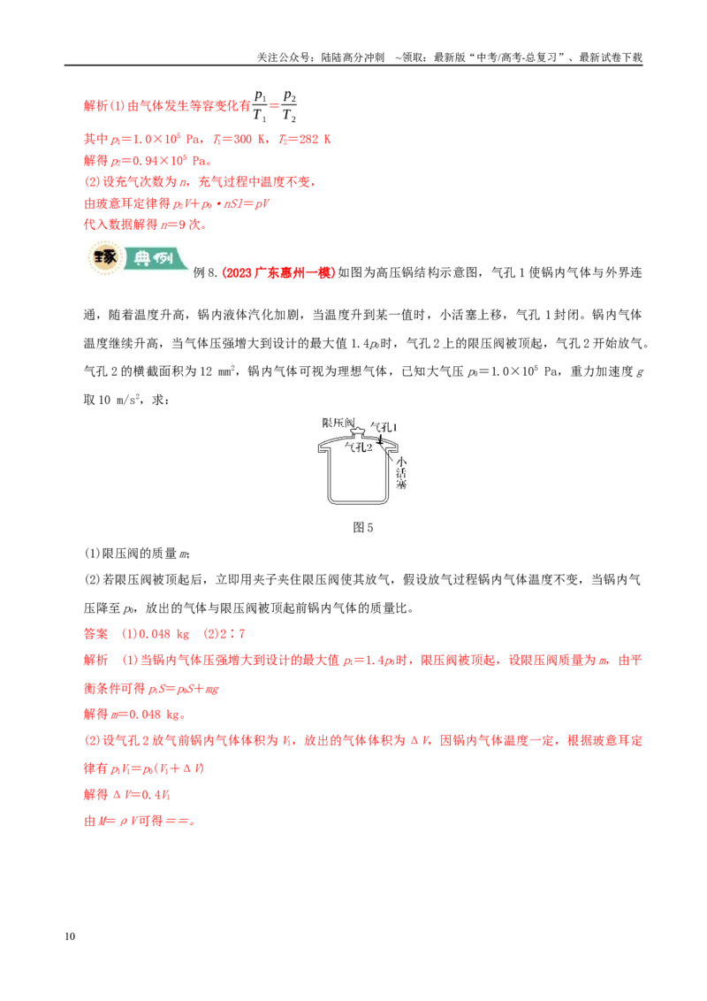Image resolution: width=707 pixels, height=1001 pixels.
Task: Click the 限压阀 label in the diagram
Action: [x=338, y=423]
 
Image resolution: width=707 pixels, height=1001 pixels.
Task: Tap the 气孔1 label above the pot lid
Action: [x=384, y=426]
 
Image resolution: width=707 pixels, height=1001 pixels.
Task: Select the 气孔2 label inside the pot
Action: [x=359, y=447]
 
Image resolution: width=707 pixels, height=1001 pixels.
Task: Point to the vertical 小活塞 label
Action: [x=400, y=473]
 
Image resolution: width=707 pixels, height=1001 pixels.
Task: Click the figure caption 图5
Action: [x=362, y=527]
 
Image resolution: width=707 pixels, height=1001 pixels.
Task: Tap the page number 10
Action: [x=70, y=936]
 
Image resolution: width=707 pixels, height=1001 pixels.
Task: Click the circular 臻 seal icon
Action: [x=104, y=258]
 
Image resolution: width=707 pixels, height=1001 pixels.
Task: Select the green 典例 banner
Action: [x=155, y=258]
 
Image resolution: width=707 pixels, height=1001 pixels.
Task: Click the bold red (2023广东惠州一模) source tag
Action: [x=278, y=272]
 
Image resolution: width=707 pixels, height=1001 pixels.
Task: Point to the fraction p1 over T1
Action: [x=261, y=106]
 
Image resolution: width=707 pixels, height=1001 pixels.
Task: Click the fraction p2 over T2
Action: [x=289, y=106]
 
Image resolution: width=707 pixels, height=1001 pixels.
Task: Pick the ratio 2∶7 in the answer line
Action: [x=232, y=634]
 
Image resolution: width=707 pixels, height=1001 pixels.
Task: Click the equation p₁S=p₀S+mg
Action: [x=184, y=689]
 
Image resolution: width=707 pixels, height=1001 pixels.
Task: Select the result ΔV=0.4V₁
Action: [x=141, y=795]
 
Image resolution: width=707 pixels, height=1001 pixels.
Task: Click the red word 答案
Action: [x=96, y=634]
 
